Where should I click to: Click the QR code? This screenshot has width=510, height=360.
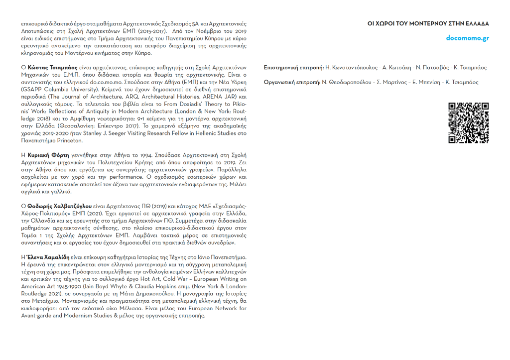click(x=468, y=123)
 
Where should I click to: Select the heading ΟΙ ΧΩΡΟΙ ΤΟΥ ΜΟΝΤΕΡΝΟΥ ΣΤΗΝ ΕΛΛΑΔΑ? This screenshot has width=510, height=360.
click(x=428, y=23)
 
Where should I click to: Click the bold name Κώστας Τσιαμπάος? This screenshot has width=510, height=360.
click(x=48, y=67)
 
